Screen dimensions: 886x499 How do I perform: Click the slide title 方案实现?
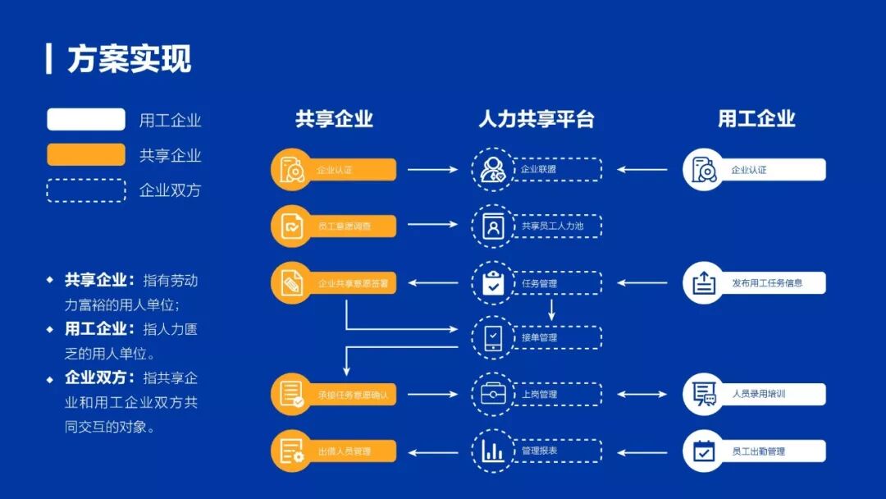(129, 59)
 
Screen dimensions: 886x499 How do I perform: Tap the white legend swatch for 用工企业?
(86, 120)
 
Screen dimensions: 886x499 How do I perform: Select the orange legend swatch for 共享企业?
(86, 155)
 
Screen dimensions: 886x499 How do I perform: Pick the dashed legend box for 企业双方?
(86, 190)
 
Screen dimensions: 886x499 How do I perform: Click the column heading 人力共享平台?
(537, 119)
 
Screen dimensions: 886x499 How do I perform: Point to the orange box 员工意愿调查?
(344, 226)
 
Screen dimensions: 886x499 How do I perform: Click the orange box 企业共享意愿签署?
(352, 283)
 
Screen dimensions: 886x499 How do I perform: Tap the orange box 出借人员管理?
(344, 451)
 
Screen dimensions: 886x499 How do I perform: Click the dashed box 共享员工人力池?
(557, 226)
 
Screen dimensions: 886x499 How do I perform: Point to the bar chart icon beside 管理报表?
(493, 451)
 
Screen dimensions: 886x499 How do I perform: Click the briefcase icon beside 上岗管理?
(493, 394)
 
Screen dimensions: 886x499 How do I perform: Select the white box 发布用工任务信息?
(766, 283)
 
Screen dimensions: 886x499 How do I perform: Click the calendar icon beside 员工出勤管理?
(704, 451)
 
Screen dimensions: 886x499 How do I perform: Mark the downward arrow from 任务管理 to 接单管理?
(551, 310)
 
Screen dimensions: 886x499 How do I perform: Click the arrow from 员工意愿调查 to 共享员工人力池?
(433, 224)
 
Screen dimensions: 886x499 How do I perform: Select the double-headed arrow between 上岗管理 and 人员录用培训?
(642, 394)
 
